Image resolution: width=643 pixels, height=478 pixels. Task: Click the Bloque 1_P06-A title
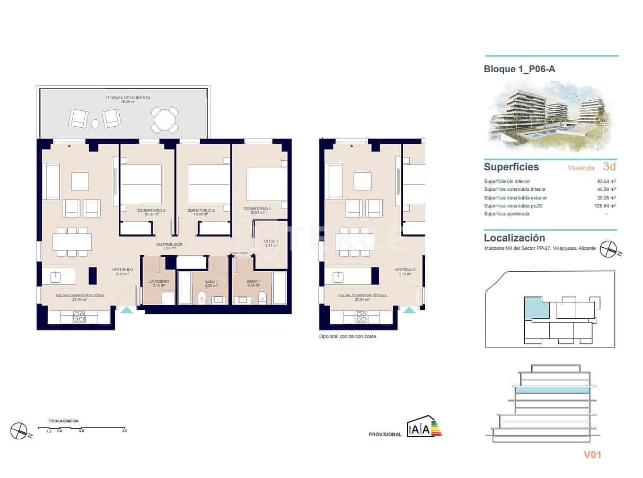519,69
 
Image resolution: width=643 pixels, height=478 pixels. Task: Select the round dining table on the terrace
164,120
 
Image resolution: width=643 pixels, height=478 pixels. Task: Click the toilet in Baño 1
262,298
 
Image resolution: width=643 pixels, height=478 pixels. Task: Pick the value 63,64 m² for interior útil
606,181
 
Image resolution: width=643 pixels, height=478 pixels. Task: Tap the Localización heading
514,238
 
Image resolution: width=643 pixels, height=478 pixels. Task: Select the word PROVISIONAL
385,434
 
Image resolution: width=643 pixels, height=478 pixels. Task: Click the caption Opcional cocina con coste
347,336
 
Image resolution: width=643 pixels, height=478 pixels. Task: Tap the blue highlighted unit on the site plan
535,308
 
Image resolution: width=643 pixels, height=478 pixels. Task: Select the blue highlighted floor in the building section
552,390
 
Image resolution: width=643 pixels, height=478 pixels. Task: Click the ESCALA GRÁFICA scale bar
81,428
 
